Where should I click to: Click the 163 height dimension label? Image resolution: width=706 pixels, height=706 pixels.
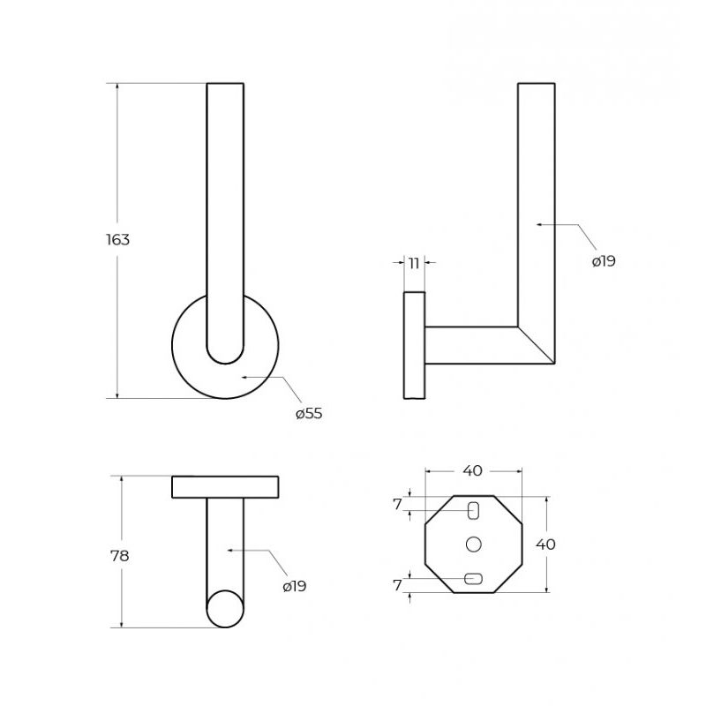[118, 239]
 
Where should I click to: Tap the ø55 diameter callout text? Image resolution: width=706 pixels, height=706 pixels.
[310, 413]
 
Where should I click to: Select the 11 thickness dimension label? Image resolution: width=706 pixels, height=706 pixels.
[414, 262]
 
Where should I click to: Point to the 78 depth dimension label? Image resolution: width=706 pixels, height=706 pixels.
[120, 556]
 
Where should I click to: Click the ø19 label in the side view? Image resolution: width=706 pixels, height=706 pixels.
[604, 261]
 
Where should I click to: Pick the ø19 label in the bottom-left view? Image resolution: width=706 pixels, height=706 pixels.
[295, 586]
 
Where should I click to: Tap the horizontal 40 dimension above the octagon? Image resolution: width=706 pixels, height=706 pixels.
[473, 471]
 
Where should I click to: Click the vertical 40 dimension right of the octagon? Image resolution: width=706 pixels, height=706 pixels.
[545, 545]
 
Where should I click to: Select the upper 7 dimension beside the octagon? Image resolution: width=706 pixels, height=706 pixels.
[397, 505]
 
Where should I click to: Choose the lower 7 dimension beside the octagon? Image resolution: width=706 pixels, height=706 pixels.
[397, 585]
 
